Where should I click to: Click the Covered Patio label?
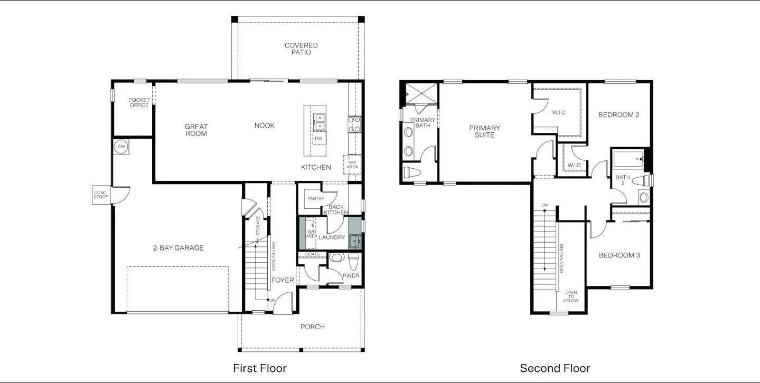(x=301, y=49)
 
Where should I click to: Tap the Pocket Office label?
(x=139, y=102)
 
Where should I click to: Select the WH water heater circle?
(x=121, y=146)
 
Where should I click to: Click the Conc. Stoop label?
(x=100, y=195)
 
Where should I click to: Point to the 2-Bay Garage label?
(x=178, y=248)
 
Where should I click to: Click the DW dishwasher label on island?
(x=318, y=139)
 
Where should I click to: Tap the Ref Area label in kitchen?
(x=352, y=165)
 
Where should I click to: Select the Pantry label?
(x=315, y=198)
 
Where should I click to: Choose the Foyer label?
(x=283, y=280)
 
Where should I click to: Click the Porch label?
(x=313, y=327)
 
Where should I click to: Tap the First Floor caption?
(x=260, y=368)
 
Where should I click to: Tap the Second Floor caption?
(x=555, y=368)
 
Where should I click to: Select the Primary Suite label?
(x=484, y=131)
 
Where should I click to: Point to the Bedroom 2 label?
(x=618, y=114)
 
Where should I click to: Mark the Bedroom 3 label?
(x=619, y=255)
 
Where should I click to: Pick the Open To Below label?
(x=571, y=296)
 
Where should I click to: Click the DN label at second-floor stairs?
(x=544, y=205)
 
